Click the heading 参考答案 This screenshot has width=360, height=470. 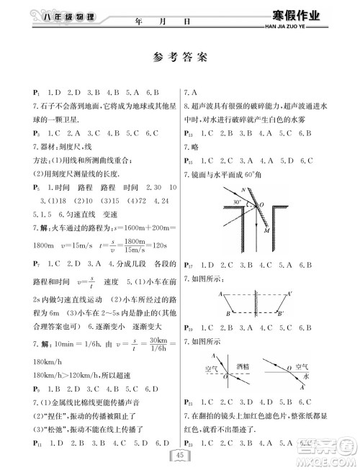click(x=180, y=57)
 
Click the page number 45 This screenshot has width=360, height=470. click(x=180, y=453)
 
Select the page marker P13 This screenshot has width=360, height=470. click(x=190, y=134)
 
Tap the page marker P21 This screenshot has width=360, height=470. click(x=190, y=402)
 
